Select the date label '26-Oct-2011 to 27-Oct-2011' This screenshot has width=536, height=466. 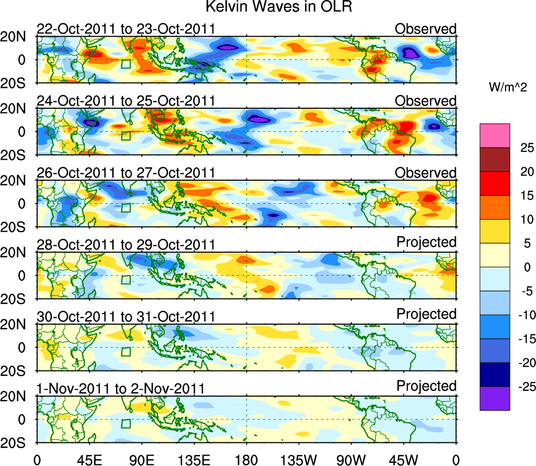pyautogui.click(x=125, y=173)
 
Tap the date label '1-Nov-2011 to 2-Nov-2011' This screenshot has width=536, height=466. pyautogui.click(x=120, y=389)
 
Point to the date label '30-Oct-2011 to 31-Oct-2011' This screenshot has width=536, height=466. pyautogui.click(x=125, y=317)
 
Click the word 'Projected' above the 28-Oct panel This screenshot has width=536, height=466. pyautogui.click(x=426, y=242)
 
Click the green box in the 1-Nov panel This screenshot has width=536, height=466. pyautogui.click(x=125, y=423)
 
